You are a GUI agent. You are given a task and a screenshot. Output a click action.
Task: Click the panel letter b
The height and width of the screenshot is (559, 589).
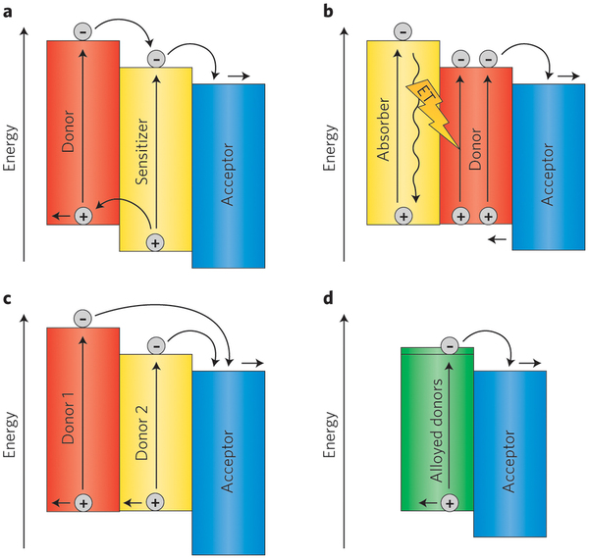point(327,10)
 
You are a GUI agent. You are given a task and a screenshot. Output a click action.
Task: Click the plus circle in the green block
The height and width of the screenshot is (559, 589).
point(449,502)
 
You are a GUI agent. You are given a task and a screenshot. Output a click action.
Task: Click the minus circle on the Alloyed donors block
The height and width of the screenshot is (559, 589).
point(449,344)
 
